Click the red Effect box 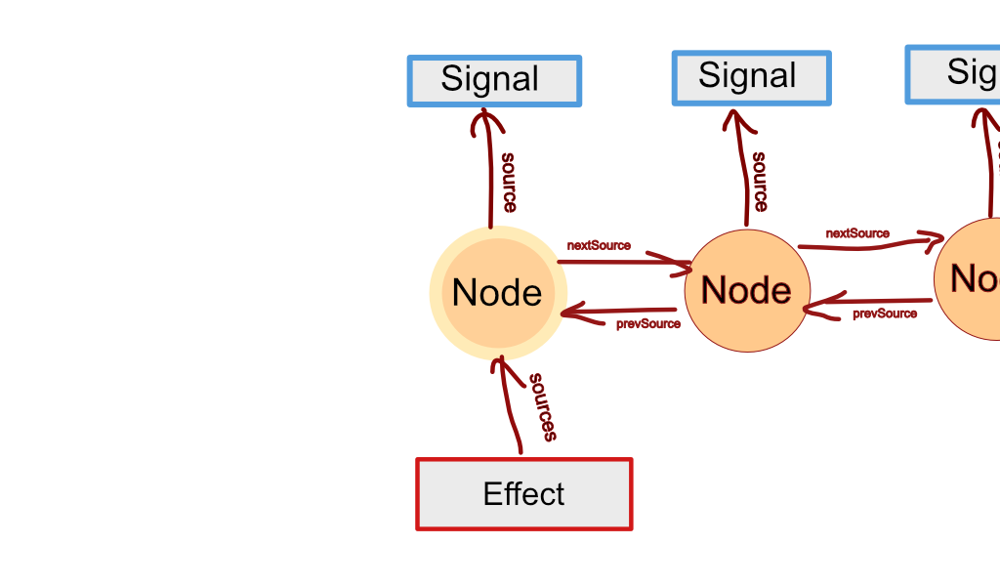click(524, 494)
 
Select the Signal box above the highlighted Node click(494, 81)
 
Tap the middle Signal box click(751, 78)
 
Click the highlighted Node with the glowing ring click(498, 292)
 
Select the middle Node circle click(747, 291)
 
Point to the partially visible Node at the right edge click(969, 279)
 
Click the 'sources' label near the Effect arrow click(543, 406)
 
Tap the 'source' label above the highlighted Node click(509, 182)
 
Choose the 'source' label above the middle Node click(759, 181)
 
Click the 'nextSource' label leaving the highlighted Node click(599, 245)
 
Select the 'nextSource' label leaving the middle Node click(857, 233)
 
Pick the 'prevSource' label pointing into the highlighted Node click(648, 323)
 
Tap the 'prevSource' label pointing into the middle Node click(885, 314)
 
